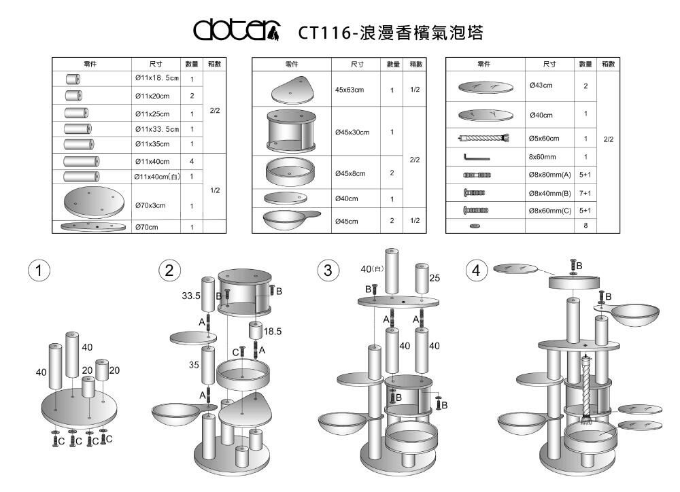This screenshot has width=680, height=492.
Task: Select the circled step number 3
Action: (329, 270)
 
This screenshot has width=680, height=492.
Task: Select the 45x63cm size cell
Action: (350, 90)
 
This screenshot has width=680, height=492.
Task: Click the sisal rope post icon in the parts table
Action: (483, 139)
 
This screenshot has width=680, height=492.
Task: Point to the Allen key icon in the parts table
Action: (476, 157)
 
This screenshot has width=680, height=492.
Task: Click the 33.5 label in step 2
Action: (191, 296)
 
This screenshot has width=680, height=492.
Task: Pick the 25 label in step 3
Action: (435, 278)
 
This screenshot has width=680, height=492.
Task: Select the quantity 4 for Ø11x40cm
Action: (192, 161)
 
